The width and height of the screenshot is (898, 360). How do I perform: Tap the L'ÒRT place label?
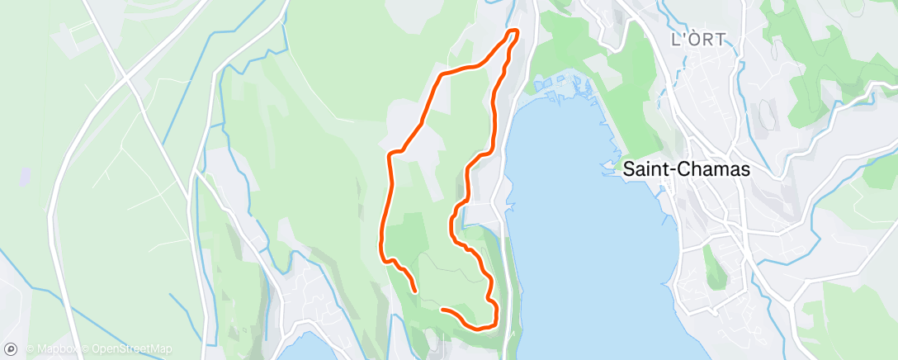(697, 39)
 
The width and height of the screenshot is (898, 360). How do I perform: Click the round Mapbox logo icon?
(10, 349)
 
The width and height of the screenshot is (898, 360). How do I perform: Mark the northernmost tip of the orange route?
(513, 31)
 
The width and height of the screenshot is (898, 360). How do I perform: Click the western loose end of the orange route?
(413, 291)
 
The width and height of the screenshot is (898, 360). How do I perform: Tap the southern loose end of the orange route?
(443, 310)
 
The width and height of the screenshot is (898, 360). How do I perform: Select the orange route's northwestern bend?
(441, 74)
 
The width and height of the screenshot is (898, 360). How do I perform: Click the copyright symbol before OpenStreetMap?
(86, 350)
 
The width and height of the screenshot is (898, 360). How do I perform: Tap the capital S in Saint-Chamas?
(628, 170)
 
